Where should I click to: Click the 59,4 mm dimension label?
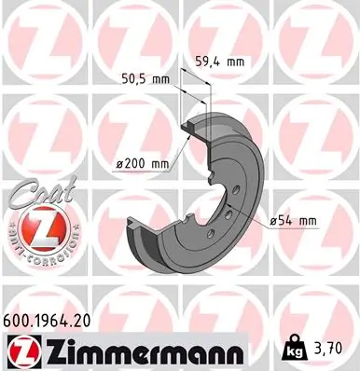point(219,62)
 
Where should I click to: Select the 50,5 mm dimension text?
point(147,79)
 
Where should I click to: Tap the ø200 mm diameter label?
point(142,164)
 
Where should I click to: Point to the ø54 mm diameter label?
point(293,220)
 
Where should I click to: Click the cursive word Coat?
point(33,193)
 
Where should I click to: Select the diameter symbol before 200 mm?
point(121,164)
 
